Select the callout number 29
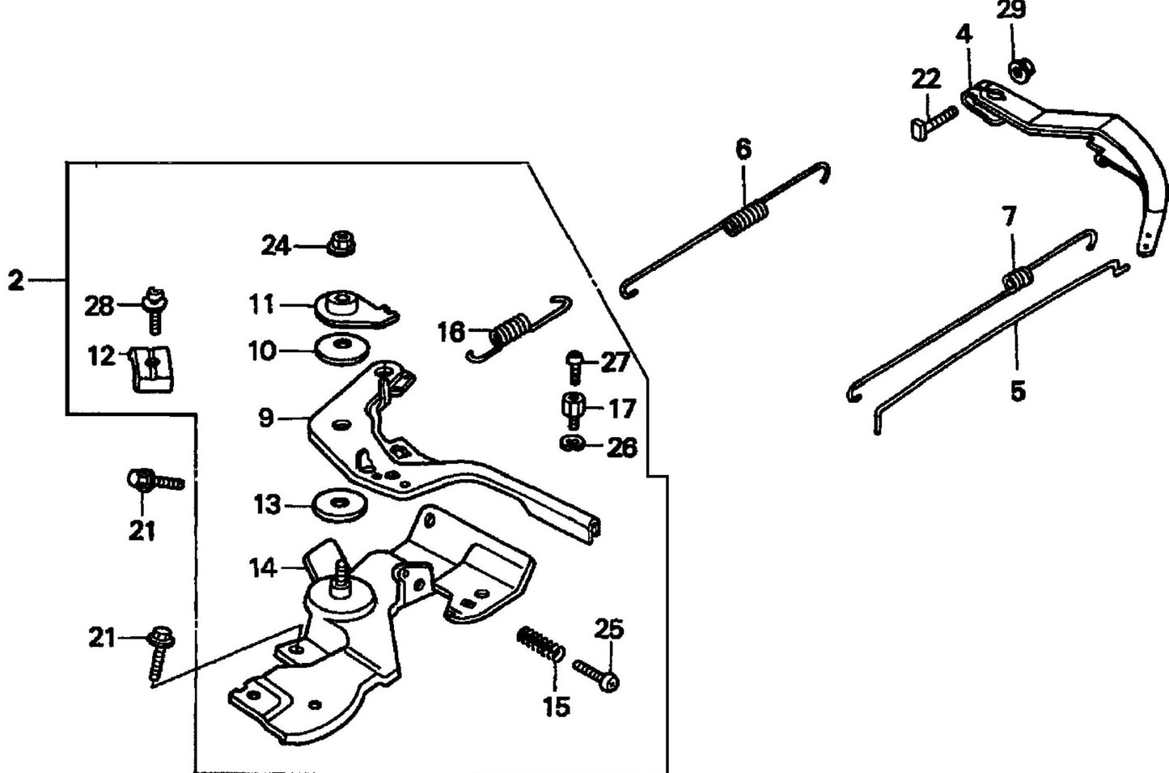click(x=1010, y=11)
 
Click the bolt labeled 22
click(x=933, y=122)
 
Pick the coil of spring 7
click(x=1018, y=278)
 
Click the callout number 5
click(x=1018, y=391)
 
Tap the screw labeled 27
click(x=574, y=366)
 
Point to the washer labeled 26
click(x=571, y=444)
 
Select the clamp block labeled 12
click(x=151, y=367)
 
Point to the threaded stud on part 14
click(x=340, y=576)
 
